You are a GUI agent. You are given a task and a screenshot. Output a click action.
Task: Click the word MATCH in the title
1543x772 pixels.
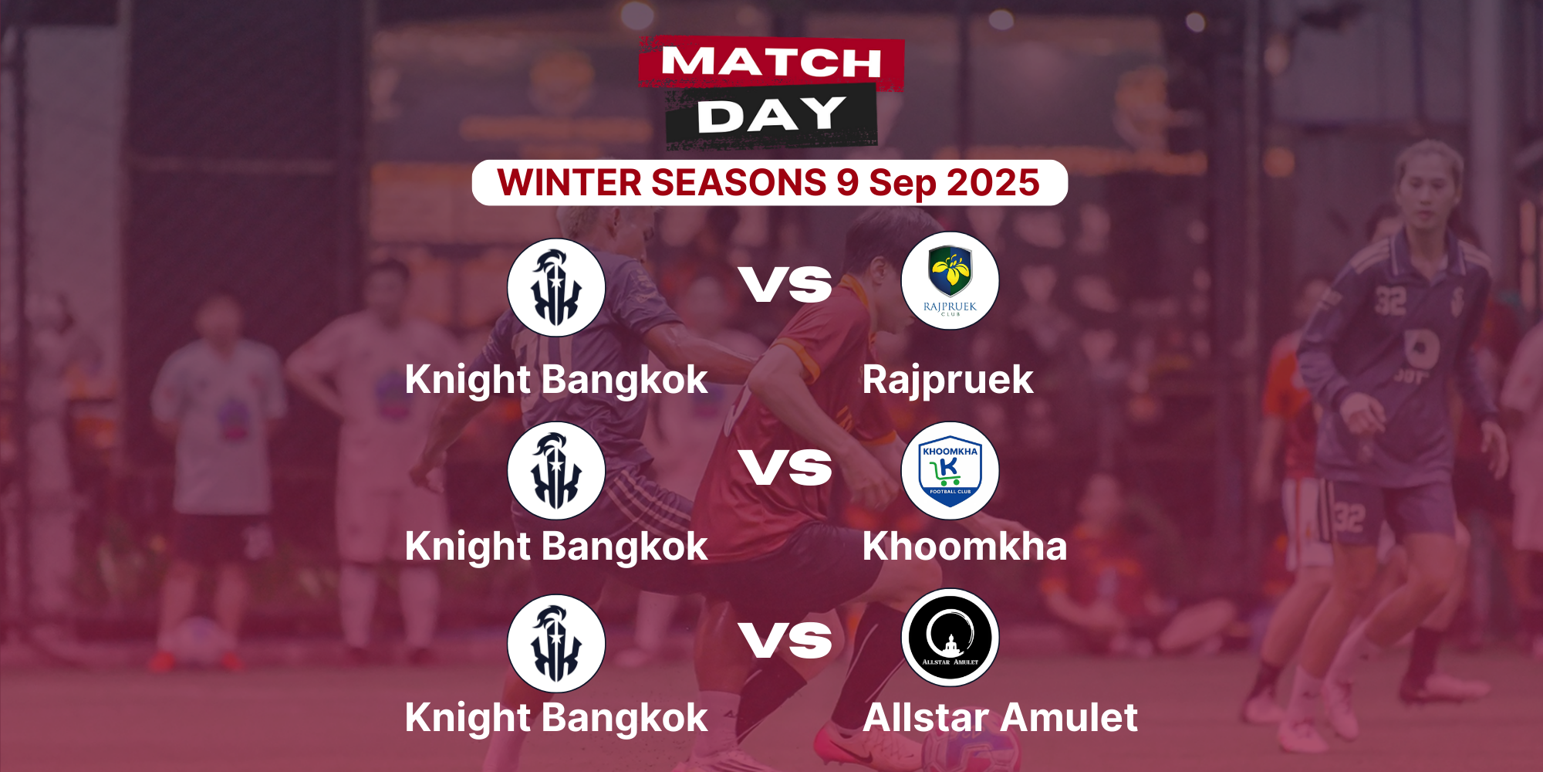pyautogui.click(x=771, y=62)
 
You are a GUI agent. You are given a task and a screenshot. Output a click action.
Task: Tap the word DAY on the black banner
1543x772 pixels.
pyautogui.click(x=771, y=114)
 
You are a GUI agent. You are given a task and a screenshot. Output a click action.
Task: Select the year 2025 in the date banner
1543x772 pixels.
pyautogui.click(x=993, y=183)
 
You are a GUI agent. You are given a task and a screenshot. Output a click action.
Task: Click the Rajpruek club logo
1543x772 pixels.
pyautogui.click(x=950, y=281)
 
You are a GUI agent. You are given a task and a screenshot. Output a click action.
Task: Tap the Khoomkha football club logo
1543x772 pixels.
pyautogui.click(x=950, y=470)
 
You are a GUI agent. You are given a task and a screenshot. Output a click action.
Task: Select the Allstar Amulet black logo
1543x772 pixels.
pyautogui.click(x=950, y=638)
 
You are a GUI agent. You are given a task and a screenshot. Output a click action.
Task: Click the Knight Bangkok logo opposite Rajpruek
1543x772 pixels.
pyautogui.click(x=555, y=287)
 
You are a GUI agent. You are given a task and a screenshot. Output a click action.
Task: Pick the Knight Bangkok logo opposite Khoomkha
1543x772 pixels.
pyautogui.click(x=555, y=470)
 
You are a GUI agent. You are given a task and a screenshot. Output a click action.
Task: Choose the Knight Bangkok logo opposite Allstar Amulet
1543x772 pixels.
pyautogui.click(x=555, y=643)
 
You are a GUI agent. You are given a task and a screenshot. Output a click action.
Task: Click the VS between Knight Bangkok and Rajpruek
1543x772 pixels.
pyautogui.click(x=785, y=284)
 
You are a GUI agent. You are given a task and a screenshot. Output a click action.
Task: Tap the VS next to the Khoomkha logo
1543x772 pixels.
pyautogui.click(x=785, y=468)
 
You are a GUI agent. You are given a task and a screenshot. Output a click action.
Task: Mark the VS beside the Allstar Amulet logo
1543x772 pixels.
pyautogui.click(x=785, y=641)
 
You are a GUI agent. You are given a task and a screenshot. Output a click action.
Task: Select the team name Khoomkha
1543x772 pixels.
pyautogui.click(x=965, y=546)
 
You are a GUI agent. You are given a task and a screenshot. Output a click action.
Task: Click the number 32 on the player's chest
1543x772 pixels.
pyautogui.click(x=1390, y=301)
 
